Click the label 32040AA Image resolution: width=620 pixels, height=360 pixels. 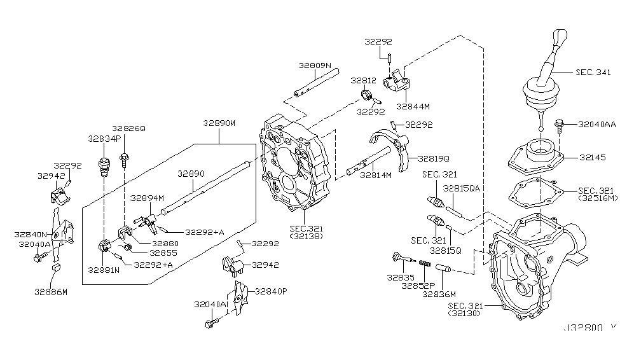point(597,125)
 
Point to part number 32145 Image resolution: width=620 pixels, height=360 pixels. point(593,156)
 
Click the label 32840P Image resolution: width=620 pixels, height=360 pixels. point(272,291)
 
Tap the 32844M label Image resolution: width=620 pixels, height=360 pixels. point(413,107)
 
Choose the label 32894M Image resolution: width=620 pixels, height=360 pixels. point(148,198)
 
